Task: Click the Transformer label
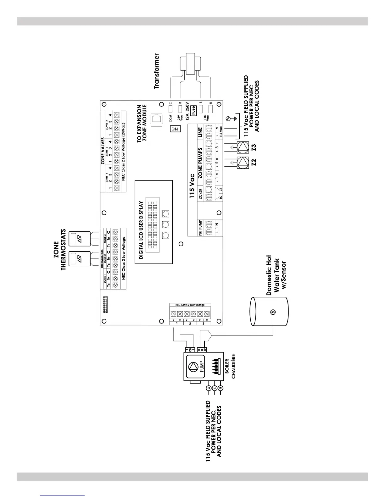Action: pos(157,71)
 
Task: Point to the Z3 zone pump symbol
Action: pos(243,147)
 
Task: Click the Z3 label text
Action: pos(254,147)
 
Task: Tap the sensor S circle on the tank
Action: pos(273,312)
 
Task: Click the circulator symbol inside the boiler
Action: pos(192,367)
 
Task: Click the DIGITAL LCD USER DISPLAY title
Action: pos(141,230)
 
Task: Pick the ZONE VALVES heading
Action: pos(103,151)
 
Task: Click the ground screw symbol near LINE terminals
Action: pos(229,119)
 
